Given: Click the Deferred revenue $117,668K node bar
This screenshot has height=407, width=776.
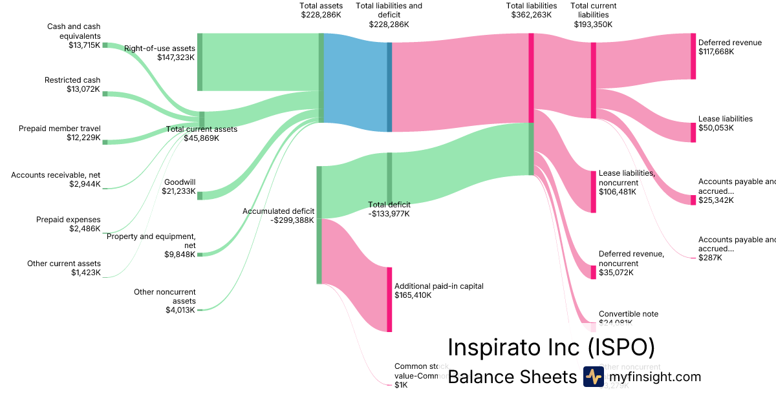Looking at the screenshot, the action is pos(693,56).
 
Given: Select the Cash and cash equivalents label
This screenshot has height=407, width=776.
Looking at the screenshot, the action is pos(74,31).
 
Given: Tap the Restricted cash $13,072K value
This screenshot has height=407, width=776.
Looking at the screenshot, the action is pos(83,89).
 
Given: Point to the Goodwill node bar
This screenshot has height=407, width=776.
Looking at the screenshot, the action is pos(200,196).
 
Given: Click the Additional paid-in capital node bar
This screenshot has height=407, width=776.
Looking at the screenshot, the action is pos(389,299).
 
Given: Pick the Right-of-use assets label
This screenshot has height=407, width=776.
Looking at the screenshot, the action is pos(160,48).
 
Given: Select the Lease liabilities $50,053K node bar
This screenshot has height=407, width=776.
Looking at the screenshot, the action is pos(693,132).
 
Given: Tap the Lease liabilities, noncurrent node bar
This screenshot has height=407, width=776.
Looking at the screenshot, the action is pos(593,191).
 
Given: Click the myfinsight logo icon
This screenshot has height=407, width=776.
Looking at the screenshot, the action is pos(593,377).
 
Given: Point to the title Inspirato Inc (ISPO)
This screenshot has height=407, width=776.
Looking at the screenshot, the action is pos(551,348).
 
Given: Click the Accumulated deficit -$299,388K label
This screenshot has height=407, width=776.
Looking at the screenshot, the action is pos(278,215).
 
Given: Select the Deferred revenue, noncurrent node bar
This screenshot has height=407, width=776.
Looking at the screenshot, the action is pos(593,272).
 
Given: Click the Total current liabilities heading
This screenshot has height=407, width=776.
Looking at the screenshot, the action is pos(593,15).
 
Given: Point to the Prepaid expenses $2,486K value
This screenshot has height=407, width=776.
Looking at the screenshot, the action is pos(85,229).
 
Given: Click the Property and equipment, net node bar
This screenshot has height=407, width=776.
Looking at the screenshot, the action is pos(200,255).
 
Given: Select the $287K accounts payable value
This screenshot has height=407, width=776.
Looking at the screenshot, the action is pos(710,258).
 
